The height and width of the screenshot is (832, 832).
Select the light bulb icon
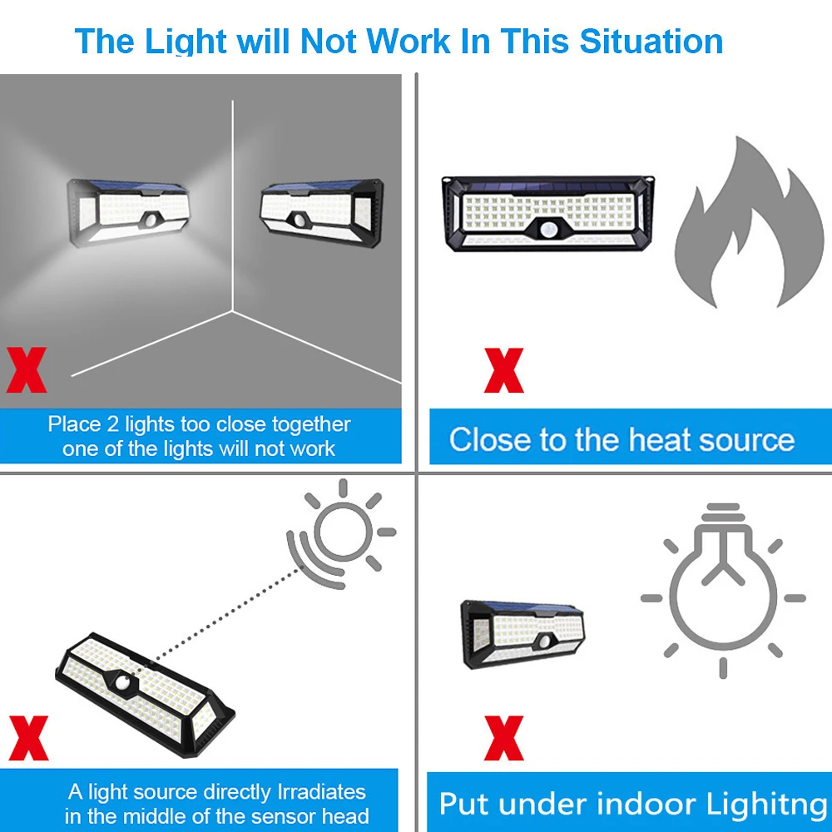(721, 587)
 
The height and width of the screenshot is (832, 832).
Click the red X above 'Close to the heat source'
(503, 371)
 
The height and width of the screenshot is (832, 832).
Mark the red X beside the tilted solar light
(27, 737)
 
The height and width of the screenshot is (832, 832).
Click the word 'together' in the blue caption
(307, 425)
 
